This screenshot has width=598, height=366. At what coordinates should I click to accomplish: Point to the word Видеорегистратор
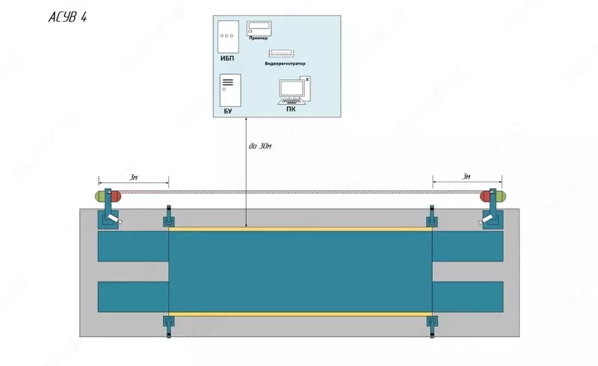(285, 64)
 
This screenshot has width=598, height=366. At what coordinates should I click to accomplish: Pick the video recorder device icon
(282, 54)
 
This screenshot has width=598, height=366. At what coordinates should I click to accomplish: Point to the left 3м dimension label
(133, 176)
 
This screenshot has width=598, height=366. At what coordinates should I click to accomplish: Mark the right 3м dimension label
(466, 176)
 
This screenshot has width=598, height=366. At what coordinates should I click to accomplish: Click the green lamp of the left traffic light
(99, 196)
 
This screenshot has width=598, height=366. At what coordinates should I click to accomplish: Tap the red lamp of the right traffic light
(485, 196)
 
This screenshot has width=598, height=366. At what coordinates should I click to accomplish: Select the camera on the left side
(112, 219)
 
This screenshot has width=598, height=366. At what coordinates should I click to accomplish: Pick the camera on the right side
(487, 218)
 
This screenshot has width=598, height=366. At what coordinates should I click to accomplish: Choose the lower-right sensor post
(431, 321)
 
